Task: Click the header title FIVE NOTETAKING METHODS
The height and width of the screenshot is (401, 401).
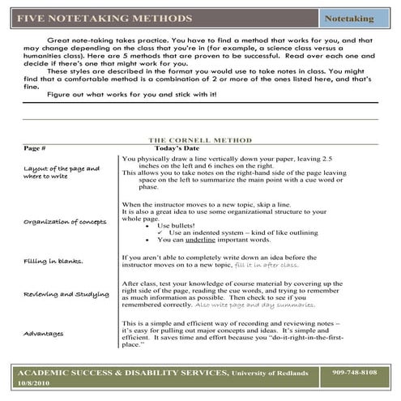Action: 105,17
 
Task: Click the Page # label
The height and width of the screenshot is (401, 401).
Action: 35,149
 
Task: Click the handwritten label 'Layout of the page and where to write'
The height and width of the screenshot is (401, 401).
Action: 62,172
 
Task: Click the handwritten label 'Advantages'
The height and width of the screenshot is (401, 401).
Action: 43,333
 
